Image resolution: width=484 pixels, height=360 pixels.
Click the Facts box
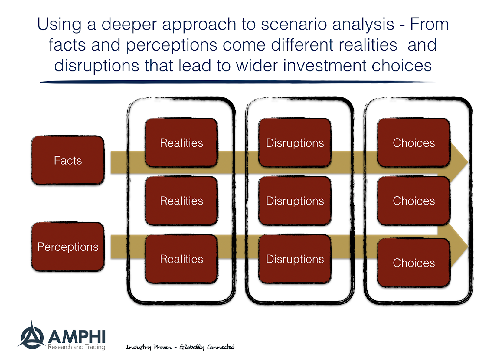[68, 160]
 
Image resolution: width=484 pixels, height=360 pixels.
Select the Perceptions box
[68, 247]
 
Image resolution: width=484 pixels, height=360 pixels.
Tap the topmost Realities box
[181, 142]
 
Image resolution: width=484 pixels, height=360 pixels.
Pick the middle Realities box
[181, 201]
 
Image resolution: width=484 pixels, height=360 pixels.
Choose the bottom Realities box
[181, 259]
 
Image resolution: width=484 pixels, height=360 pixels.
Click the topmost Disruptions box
[295, 142]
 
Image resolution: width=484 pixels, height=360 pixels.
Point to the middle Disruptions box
[295, 201]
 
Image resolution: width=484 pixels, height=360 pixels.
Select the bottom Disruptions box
[295, 259]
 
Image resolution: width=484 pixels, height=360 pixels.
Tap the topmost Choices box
[414, 142]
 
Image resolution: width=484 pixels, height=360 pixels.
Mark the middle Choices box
[414, 201]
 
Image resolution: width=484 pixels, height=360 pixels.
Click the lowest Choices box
[414, 263]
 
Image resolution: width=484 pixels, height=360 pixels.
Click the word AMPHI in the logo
[77, 337]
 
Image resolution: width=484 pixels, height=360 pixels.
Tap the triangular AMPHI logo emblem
[31, 336]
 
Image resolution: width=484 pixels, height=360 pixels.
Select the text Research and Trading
[77, 347]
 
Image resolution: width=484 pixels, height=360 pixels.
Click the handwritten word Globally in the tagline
[191, 347]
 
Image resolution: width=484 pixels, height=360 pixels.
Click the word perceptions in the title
[172, 45]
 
